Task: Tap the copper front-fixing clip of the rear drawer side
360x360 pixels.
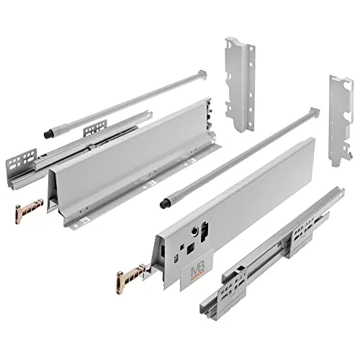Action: click(x=24, y=212)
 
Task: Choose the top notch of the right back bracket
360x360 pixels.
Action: click(x=337, y=79)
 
